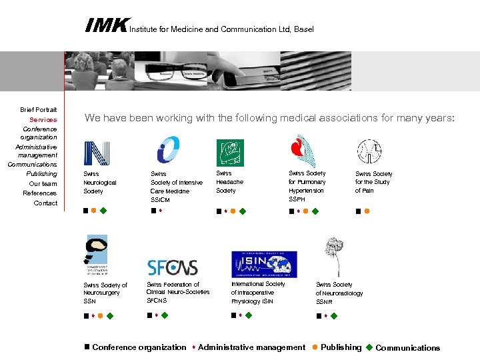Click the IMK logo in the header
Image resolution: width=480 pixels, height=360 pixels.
coord(106,26)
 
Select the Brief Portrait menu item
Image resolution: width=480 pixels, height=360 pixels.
coord(38,109)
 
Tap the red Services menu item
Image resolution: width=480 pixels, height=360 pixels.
coord(43,119)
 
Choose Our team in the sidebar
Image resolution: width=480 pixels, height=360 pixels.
coord(43,183)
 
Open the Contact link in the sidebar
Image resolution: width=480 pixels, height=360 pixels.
coord(45,203)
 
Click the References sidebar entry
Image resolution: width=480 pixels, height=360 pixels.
coord(40,193)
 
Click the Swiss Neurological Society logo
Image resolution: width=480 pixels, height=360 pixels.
coord(96,153)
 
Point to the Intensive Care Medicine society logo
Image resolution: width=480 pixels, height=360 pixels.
coord(168,150)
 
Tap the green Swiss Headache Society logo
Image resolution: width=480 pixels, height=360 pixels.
coord(230,153)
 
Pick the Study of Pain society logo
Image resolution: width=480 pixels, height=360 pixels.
coord(369,152)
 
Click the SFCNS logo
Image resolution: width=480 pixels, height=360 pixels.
coord(173,267)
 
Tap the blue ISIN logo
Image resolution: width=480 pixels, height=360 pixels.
coord(264,264)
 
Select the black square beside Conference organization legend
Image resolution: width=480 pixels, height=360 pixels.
coord(87,347)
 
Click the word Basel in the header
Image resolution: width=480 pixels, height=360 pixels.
coord(303,29)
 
